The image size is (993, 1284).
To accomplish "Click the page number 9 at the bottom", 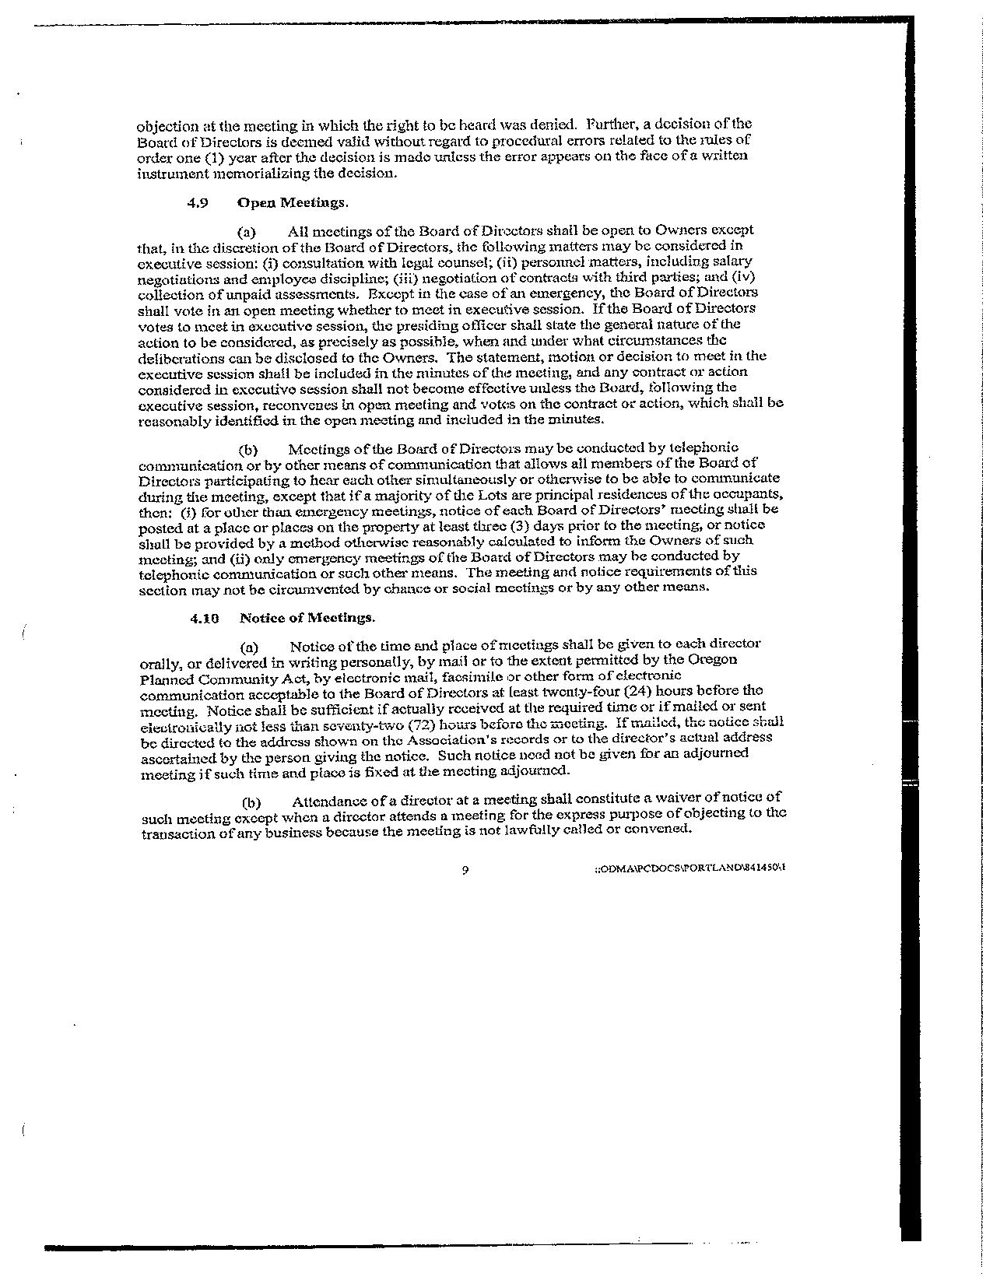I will pyautogui.click(x=465, y=870).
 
